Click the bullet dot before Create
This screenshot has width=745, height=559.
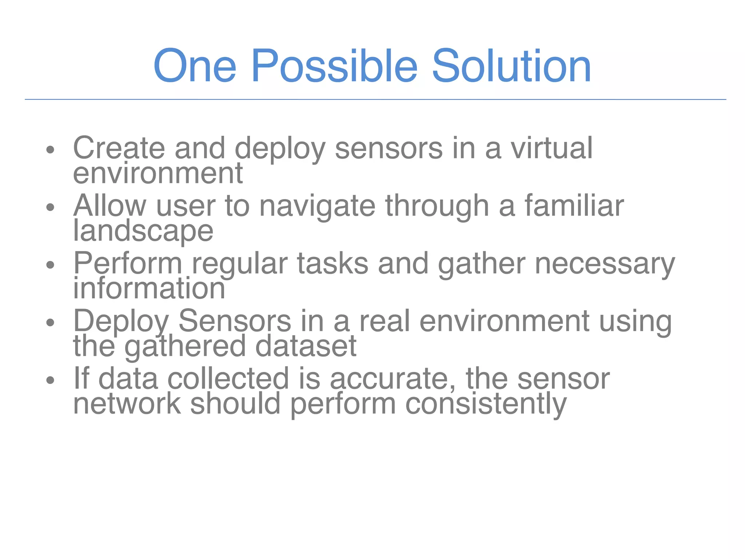pyautogui.click(x=50, y=150)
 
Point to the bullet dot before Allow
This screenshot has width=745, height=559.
pyautogui.click(x=50, y=207)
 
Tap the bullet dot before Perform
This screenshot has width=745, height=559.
pyautogui.click(x=50, y=265)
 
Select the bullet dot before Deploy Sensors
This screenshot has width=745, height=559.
pyautogui.click(x=50, y=322)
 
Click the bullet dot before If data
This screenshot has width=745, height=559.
pyautogui.click(x=50, y=380)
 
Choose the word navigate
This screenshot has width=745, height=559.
pyautogui.click(x=317, y=206)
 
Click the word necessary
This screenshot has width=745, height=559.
pyautogui.click(x=605, y=264)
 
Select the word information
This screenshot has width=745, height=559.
pyautogui.click(x=149, y=288)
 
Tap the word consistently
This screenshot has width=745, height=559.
pyautogui.click(x=486, y=404)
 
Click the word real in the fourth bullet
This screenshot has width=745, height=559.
pyautogui.click(x=385, y=321)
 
